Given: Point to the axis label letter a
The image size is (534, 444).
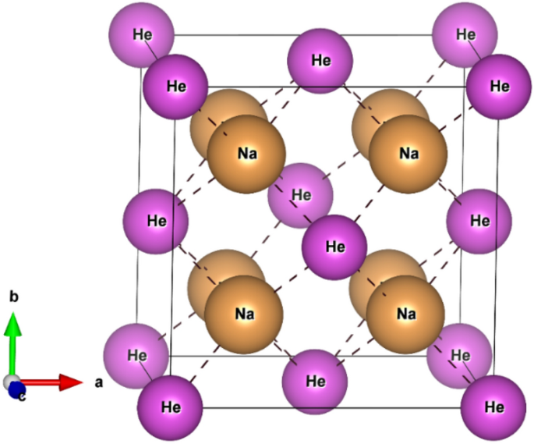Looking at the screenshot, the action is coord(98,383).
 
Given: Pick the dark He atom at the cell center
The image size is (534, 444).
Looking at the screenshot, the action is coord(334,247).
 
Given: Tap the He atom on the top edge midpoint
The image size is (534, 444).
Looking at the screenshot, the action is coord(320,60).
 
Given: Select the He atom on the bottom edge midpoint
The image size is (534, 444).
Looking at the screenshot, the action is coord(315,382).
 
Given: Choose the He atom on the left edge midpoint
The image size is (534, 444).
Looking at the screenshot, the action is coord(157,221).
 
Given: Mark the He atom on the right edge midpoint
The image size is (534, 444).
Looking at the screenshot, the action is coord(479,221).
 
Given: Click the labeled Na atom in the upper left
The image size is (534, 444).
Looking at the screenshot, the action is coord(248,154).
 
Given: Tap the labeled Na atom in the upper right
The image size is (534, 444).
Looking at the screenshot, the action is coord(408,154).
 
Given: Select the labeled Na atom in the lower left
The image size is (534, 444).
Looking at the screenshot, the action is coord(243,314).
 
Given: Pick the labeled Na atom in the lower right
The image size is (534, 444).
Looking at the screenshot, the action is coord(405,314).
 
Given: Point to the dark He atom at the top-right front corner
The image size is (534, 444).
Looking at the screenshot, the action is coord(499,86).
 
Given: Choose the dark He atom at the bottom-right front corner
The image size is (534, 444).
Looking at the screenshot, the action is coord(493,407).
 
